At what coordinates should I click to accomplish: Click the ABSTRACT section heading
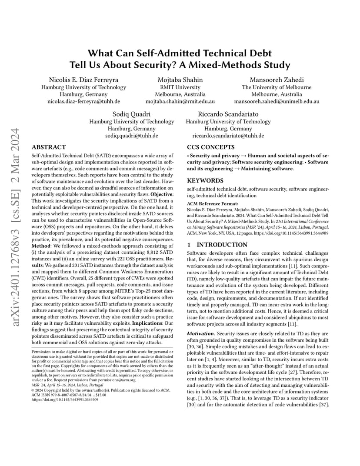(49, 147)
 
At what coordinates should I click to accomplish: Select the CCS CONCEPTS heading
(211, 147)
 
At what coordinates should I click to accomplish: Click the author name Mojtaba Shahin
(180, 80)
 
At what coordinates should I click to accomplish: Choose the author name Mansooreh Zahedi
(277, 80)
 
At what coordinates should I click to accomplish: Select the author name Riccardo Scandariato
(228, 114)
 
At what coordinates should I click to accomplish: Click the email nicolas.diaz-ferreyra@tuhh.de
(83, 101)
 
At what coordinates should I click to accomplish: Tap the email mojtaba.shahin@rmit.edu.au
(180, 101)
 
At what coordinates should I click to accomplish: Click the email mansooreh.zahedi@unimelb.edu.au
(277, 101)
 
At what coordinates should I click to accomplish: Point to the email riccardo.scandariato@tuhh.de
(228, 136)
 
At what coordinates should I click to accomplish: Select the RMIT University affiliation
(180, 87)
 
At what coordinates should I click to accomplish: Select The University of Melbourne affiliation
(277, 87)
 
